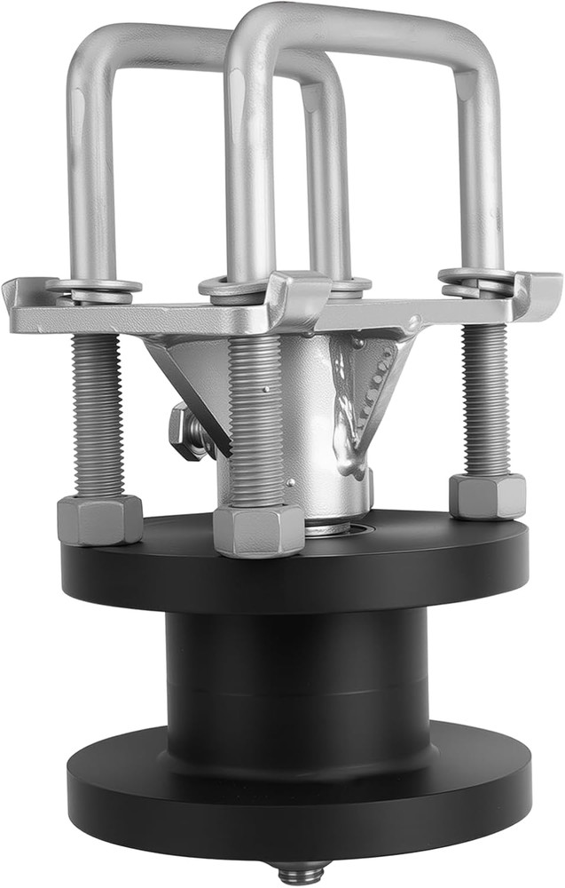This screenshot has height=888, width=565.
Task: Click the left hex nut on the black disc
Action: (x=99, y=519)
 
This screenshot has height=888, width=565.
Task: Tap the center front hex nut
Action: (x=258, y=530)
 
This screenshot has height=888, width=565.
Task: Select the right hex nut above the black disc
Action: (x=487, y=496)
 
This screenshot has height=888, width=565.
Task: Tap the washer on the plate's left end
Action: (x=94, y=288)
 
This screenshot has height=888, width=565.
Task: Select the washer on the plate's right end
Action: (x=475, y=277)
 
